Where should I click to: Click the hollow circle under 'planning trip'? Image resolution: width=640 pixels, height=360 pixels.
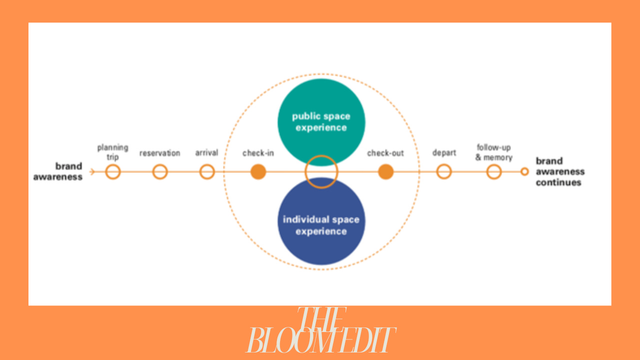[113, 172]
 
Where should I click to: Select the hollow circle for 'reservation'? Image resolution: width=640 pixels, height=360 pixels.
[160, 172]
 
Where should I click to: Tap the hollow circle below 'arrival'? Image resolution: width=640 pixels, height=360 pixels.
[207, 172]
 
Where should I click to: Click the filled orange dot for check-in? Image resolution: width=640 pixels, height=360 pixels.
[258, 172]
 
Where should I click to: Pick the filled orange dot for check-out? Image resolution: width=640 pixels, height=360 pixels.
[385, 172]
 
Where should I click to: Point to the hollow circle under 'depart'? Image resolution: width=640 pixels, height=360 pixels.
[444, 172]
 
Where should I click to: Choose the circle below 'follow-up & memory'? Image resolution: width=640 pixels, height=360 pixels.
[494, 172]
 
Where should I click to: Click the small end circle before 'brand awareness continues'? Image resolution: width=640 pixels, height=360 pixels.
[524, 172]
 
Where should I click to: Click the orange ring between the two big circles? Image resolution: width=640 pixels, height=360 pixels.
[321, 172]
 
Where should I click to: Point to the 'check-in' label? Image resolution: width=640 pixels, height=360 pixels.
[258, 153]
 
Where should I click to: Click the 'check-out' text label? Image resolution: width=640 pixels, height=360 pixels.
[385, 153]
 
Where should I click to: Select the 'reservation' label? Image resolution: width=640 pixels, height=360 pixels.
[160, 153]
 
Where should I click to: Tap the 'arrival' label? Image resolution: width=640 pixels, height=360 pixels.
[207, 152]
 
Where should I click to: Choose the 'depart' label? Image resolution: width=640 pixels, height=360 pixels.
[444, 152]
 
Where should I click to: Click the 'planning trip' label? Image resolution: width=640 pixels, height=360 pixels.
[113, 152]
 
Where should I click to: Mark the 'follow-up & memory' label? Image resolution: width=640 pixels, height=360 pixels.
[494, 152]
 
